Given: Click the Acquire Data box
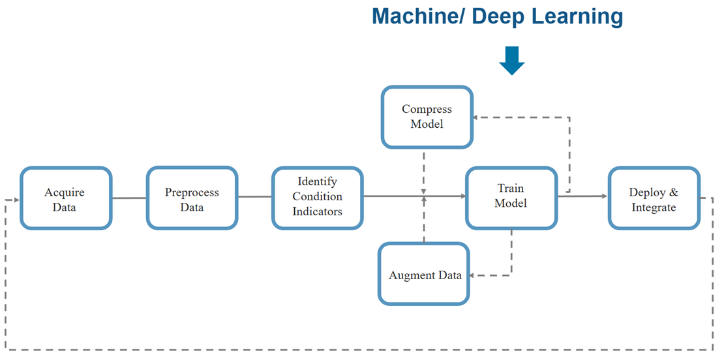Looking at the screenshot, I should (65, 199).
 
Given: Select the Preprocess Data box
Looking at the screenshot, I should (192, 199).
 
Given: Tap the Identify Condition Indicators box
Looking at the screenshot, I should (317, 196).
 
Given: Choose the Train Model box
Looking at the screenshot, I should (511, 196).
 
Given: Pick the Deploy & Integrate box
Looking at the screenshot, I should (654, 199).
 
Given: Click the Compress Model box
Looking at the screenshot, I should (427, 117).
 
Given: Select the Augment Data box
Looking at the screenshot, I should (425, 275).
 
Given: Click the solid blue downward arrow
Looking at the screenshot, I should (511, 60).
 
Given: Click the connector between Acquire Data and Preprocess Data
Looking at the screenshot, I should (128, 198).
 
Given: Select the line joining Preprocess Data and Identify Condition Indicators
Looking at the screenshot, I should (254, 196).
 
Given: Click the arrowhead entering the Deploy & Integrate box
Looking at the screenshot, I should (603, 196).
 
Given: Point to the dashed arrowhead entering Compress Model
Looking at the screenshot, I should (477, 117).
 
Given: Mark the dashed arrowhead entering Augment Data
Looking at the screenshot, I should (474, 275).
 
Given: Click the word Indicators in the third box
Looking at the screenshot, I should (317, 211).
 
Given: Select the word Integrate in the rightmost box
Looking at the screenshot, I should (654, 207).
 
